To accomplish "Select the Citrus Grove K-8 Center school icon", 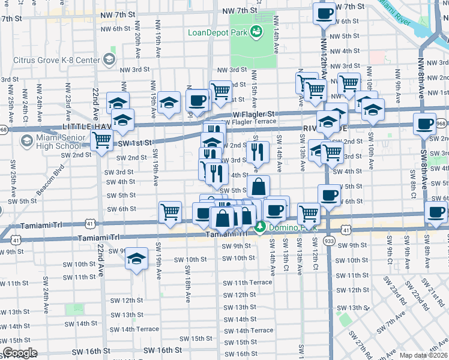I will [x=109, y=59].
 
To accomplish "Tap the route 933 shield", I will [x=330, y=241].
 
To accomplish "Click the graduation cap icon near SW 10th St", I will [x=137, y=259].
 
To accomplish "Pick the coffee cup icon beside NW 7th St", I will [x=324, y=13].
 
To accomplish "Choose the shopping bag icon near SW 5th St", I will [x=258, y=186].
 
